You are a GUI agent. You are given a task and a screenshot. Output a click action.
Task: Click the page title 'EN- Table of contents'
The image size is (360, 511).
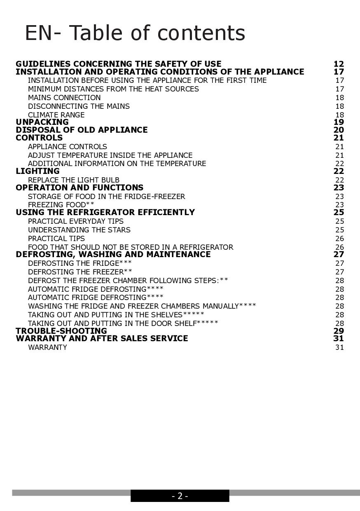(135, 33)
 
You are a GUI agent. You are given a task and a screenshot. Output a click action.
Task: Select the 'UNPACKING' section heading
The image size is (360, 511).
(42, 122)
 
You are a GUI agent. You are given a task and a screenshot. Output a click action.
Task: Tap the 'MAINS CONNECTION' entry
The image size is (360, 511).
(64, 98)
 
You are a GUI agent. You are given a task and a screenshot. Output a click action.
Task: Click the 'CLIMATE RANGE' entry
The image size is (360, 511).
(56, 115)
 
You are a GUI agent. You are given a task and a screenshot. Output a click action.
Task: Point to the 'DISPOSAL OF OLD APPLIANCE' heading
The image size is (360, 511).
(82, 130)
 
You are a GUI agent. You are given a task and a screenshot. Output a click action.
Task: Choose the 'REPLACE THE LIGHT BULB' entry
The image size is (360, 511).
(74, 180)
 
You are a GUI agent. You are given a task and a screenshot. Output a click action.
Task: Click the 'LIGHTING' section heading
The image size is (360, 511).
(37, 171)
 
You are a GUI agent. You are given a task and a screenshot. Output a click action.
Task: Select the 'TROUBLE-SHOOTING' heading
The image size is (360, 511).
(61, 331)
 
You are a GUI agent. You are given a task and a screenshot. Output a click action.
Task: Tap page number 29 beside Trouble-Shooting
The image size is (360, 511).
(339, 331)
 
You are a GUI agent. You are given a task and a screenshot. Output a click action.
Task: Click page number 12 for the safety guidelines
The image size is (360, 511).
(339, 64)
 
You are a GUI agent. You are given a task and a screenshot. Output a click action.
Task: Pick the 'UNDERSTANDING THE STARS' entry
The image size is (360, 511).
(79, 230)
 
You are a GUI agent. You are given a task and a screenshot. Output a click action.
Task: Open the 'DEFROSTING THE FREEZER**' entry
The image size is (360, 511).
(80, 272)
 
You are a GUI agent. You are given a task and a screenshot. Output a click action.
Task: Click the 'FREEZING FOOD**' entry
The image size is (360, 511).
(61, 205)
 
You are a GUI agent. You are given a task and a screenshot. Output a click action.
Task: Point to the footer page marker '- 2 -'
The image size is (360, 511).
(180, 496)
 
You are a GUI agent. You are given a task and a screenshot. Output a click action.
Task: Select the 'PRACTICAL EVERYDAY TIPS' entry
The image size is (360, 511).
(76, 221)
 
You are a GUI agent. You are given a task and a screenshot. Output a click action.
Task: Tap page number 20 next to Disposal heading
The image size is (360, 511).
(339, 130)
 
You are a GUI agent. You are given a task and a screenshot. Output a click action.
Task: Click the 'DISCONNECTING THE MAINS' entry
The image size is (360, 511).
(79, 106)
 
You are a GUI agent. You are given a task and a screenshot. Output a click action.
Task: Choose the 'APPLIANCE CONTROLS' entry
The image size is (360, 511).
(68, 147)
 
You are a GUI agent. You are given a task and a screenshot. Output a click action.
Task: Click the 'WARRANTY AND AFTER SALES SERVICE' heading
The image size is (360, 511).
(102, 338)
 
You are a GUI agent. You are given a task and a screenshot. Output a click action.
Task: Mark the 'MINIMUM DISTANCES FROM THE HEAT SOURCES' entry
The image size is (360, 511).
(113, 89)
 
